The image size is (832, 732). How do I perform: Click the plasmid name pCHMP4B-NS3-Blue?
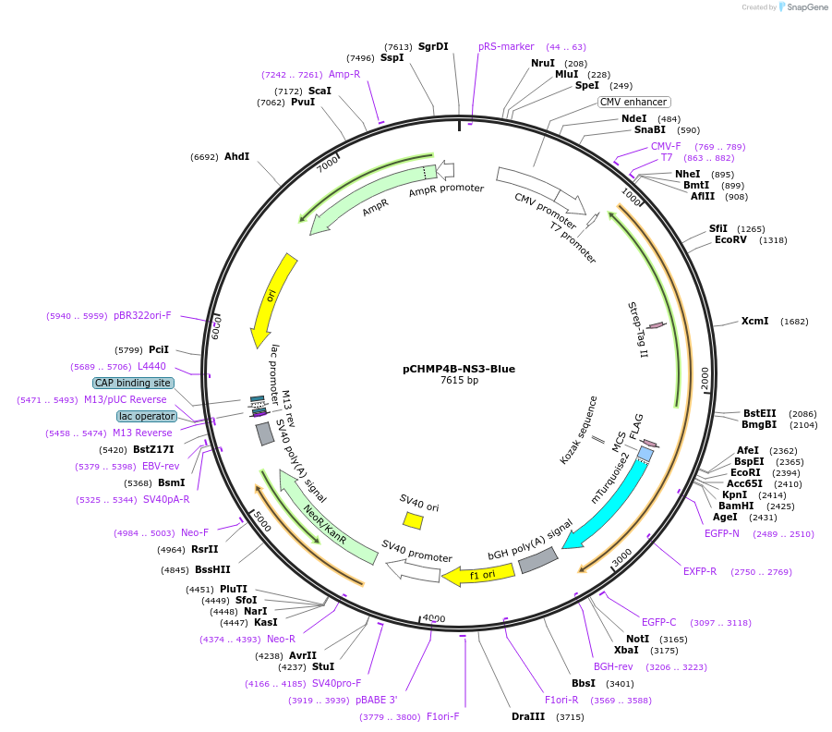pyautogui.click(x=459, y=368)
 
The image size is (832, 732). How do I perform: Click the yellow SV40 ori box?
pyautogui.click(x=413, y=521)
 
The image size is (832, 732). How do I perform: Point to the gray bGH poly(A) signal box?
pyautogui.click(x=538, y=559)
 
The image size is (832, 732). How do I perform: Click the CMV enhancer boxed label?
pyautogui.click(x=633, y=102)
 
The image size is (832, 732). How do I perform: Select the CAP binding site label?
pyautogui.click(x=133, y=383)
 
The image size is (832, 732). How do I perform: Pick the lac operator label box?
pyautogui.click(x=147, y=416)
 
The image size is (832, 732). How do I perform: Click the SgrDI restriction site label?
pyautogui.click(x=433, y=46)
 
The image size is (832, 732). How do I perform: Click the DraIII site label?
pyautogui.click(x=528, y=716)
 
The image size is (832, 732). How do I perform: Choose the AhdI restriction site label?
pyautogui.click(x=236, y=156)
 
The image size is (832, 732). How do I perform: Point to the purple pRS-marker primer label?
pyautogui.click(x=506, y=46)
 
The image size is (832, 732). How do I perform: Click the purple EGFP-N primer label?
pyautogui.click(x=721, y=533)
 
